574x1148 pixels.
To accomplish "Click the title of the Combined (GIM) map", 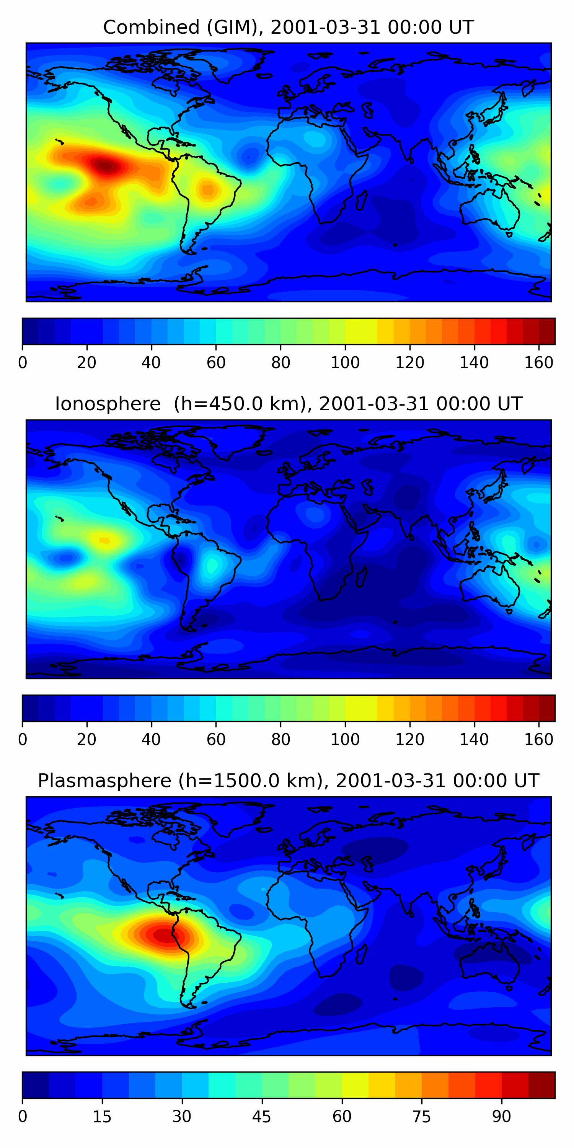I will click(x=288, y=27).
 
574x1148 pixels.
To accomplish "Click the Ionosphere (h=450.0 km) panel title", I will click(x=288, y=404).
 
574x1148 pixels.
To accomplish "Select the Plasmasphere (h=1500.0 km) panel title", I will click(x=288, y=781).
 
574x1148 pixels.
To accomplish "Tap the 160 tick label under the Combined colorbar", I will click(x=538, y=363).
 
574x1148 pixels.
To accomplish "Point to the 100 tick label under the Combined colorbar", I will click(x=345, y=363).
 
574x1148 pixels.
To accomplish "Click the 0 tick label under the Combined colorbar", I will click(x=23, y=363).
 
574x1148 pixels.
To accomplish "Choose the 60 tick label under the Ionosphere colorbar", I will click(x=216, y=740).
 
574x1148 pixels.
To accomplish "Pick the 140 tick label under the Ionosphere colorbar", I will click(x=474, y=740).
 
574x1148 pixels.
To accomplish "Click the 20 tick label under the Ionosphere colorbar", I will click(x=86, y=740).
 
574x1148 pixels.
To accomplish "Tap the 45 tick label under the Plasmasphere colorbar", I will click(x=262, y=1117).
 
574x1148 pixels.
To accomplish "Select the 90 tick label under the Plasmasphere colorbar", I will click(x=501, y=1117).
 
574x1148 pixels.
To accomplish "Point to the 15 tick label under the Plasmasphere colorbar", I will click(x=102, y=1117).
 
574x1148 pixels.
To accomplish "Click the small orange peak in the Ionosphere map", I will click(x=105, y=541).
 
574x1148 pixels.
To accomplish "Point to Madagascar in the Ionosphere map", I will click(x=361, y=577).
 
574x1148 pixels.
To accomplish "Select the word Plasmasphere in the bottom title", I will click(x=104, y=781).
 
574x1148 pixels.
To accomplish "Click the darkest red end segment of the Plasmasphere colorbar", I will click(x=541, y=1085).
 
